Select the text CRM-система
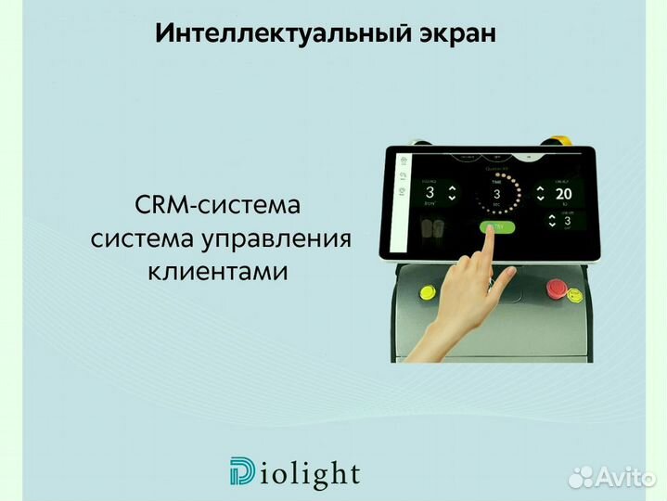pos(218,204)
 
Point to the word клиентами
pos(218,272)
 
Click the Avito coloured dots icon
pos(581,477)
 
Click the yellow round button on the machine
pos(429,292)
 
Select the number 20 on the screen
pos(564,194)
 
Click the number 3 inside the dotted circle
pos(496,194)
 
